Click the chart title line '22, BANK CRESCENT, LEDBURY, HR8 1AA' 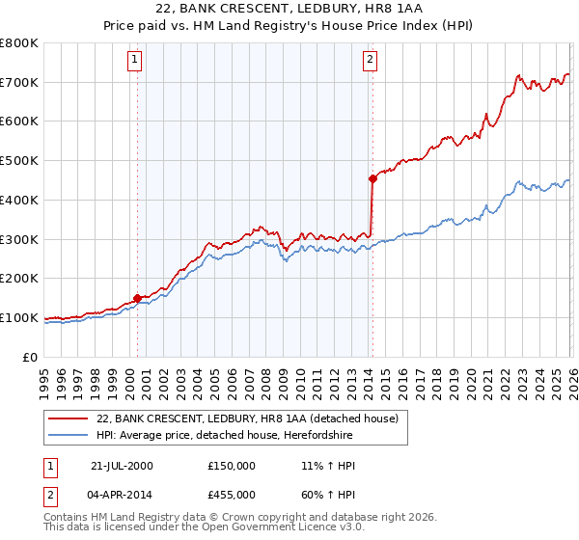click(x=289, y=8)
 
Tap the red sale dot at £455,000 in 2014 click(x=372, y=178)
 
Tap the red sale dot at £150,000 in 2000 click(x=138, y=298)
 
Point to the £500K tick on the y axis click(x=19, y=161)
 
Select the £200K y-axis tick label click(x=19, y=279)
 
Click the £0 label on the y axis click(x=29, y=357)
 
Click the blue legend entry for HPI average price click(x=251, y=436)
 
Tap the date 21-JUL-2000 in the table click(x=122, y=466)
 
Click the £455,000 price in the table click(x=232, y=495)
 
